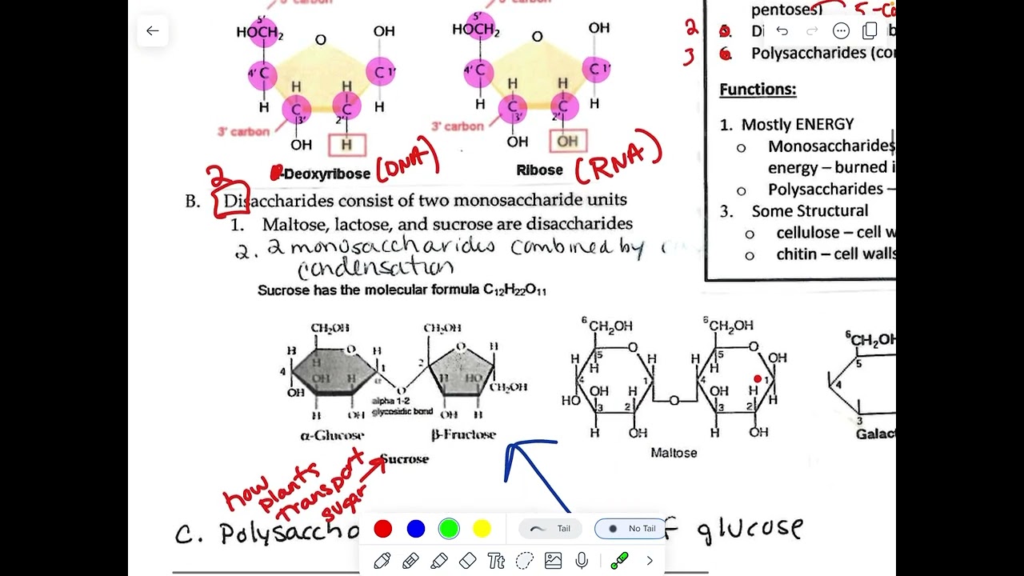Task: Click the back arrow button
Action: (x=152, y=31)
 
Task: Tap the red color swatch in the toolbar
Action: (x=383, y=529)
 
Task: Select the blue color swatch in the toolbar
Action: (x=416, y=529)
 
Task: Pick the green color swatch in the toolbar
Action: (x=449, y=529)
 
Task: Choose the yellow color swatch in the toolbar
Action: (x=482, y=529)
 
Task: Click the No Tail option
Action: (x=632, y=529)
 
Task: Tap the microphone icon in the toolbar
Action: (x=582, y=561)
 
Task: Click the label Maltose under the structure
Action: (x=674, y=453)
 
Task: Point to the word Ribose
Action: (x=539, y=170)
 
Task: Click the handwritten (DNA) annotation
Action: (x=407, y=158)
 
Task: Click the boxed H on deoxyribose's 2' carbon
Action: (x=346, y=145)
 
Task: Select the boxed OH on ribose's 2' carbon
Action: (x=567, y=142)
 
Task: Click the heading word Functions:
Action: (x=758, y=90)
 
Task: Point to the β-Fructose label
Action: (x=463, y=435)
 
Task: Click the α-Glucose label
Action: (x=332, y=436)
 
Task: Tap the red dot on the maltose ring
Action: (x=758, y=378)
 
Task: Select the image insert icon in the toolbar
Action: (x=553, y=561)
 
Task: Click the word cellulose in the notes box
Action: (x=808, y=232)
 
